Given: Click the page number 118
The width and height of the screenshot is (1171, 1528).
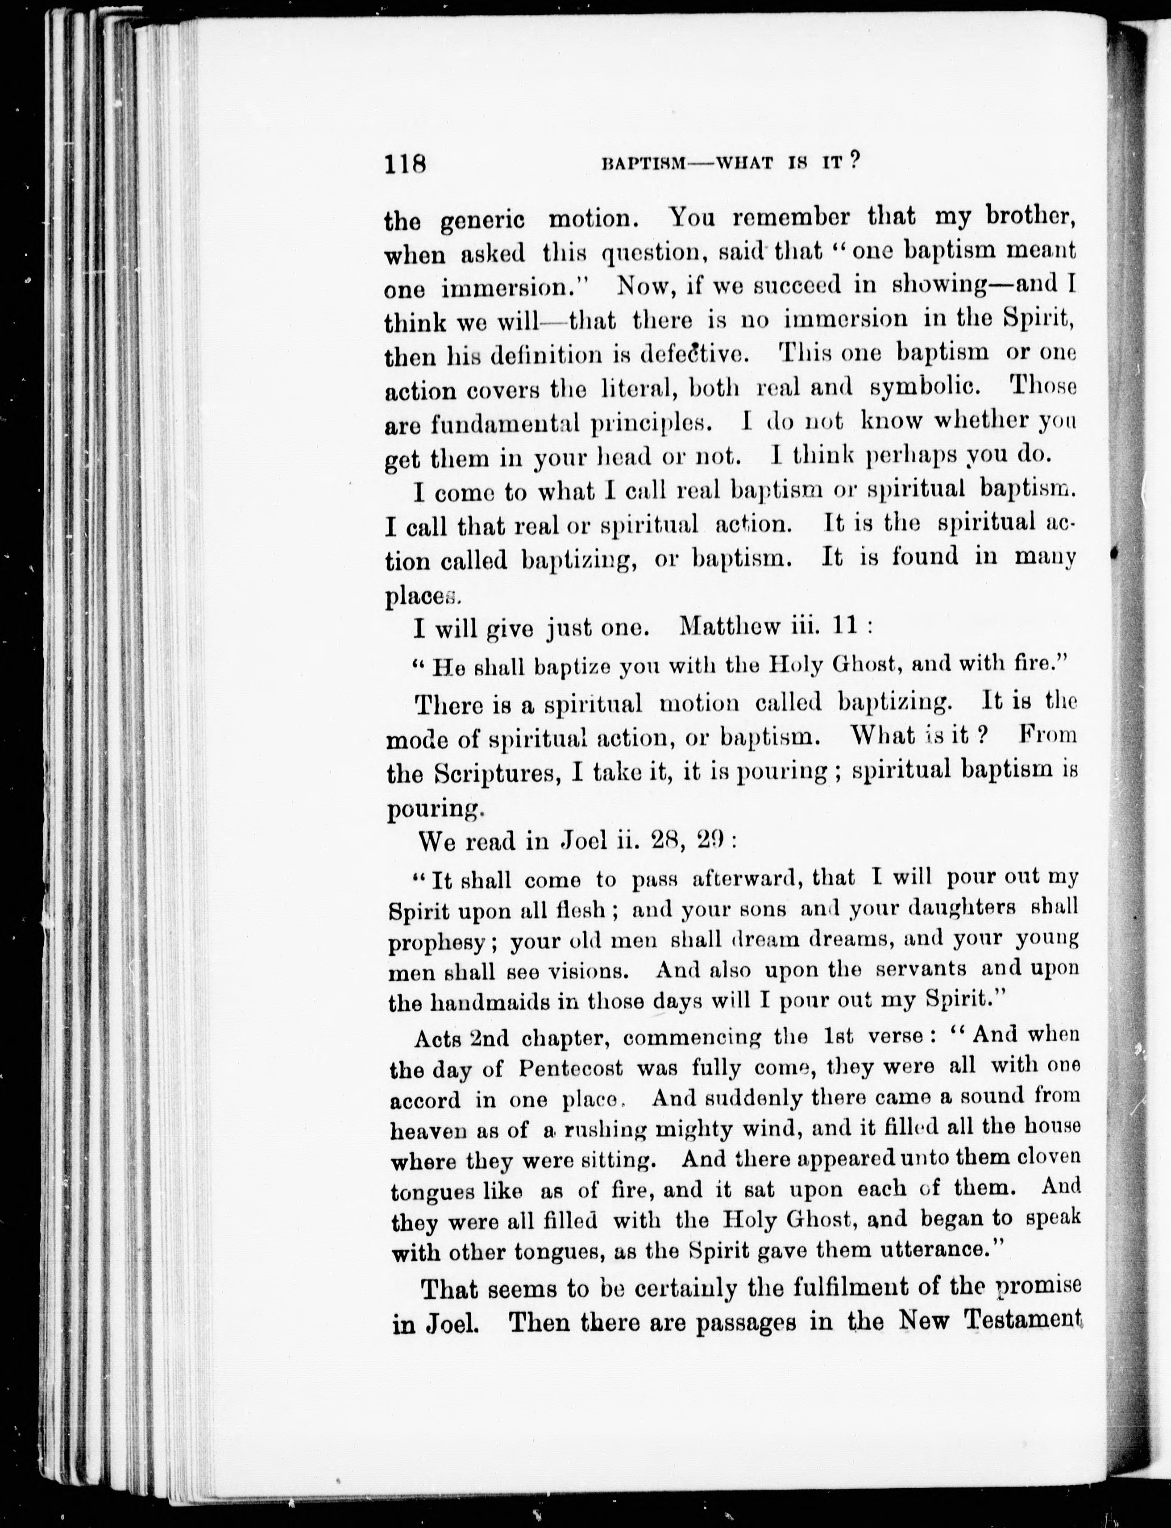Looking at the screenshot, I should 404,183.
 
